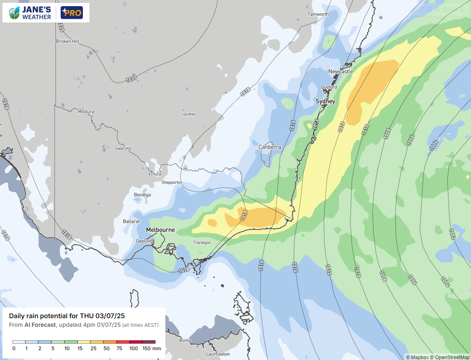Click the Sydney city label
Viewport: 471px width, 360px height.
tap(325, 101)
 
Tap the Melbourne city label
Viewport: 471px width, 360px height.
tap(160, 230)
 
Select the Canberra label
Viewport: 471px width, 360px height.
tap(270, 147)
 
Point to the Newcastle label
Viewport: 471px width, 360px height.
tap(341, 71)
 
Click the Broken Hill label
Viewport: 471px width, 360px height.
tap(68, 41)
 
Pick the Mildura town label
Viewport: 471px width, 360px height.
tap(86, 112)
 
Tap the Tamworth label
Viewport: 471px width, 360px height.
tap(318, 14)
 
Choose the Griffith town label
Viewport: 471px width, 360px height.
tap(189, 114)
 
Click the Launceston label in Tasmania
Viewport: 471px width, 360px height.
tap(217, 354)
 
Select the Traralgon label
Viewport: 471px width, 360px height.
tap(202, 243)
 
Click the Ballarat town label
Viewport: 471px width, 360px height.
tap(132, 221)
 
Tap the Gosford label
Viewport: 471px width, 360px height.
tap(329, 87)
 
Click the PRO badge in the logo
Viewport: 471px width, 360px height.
tap(72, 13)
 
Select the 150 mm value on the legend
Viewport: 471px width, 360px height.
tap(151, 349)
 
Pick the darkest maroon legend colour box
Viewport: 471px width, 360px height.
tap(149, 342)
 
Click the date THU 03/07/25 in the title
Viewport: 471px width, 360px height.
tap(104, 316)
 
